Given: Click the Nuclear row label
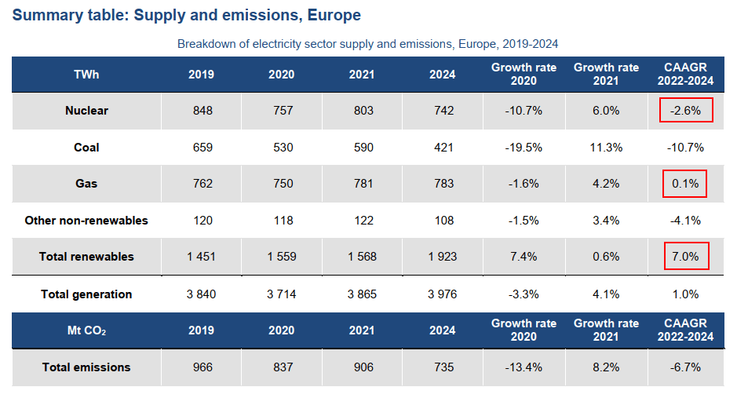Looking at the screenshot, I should point(86,111).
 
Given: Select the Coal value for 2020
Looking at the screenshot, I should point(281,148).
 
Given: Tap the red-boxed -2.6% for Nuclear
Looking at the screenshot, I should point(685,111).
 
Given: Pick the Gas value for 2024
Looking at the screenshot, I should point(442,184).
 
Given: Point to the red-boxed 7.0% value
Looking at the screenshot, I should point(685,257).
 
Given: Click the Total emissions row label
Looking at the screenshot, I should point(86,367).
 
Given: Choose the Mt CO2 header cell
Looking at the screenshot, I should point(86,330).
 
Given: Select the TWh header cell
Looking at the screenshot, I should point(86,75).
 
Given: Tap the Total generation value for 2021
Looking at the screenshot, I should point(361,294).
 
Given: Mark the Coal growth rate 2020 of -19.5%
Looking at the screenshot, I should point(524,148).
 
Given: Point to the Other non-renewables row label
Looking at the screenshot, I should point(86,221).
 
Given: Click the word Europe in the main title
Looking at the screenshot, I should point(334,15).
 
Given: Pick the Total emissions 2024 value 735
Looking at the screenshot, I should point(442,367).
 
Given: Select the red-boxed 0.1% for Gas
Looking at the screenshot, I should point(685,184).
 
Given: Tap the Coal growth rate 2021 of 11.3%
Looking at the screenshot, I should point(606,148).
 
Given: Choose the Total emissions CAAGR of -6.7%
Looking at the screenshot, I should point(685,367).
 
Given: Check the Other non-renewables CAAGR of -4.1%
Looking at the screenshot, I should point(685,221).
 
